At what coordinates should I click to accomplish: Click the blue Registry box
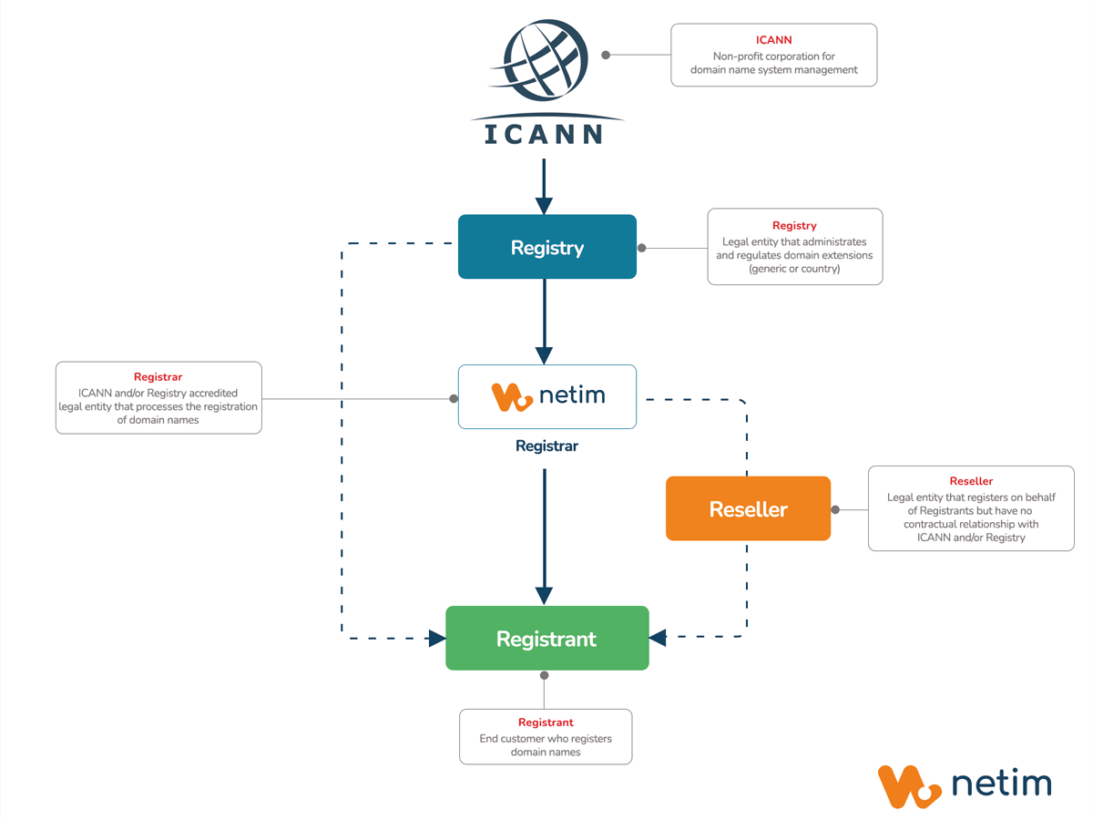pyautogui.click(x=546, y=247)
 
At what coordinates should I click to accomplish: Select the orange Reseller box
pyautogui.click(x=748, y=508)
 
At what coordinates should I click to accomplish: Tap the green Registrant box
pyautogui.click(x=546, y=639)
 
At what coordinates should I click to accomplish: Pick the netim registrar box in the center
pyautogui.click(x=546, y=396)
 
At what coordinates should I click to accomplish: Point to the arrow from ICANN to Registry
pyautogui.click(x=544, y=187)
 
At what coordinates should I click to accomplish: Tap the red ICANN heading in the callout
pyautogui.click(x=774, y=40)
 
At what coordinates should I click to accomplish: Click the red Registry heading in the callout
pyautogui.click(x=794, y=226)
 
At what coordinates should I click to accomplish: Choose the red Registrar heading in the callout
pyautogui.click(x=158, y=377)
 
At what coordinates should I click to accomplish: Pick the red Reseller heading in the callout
pyautogui.click(x=971, y=481)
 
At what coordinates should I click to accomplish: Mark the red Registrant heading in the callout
pyautogui.click(x=546, y=723)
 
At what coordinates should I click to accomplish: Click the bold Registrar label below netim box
pyautogui.click(x=546, y=446)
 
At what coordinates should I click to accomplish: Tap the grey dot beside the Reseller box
pyautogui.click(x=835, y=509)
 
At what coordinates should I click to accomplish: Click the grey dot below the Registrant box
pyautogui.click(x=545, y=675)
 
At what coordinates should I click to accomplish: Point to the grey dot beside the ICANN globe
pyautogui.click(x=607, y=55)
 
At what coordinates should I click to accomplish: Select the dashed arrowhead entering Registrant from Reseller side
pyautogui.click(x=658, y=638)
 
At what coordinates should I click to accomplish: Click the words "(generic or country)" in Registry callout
pyautogui.click(x=794, y=269)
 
